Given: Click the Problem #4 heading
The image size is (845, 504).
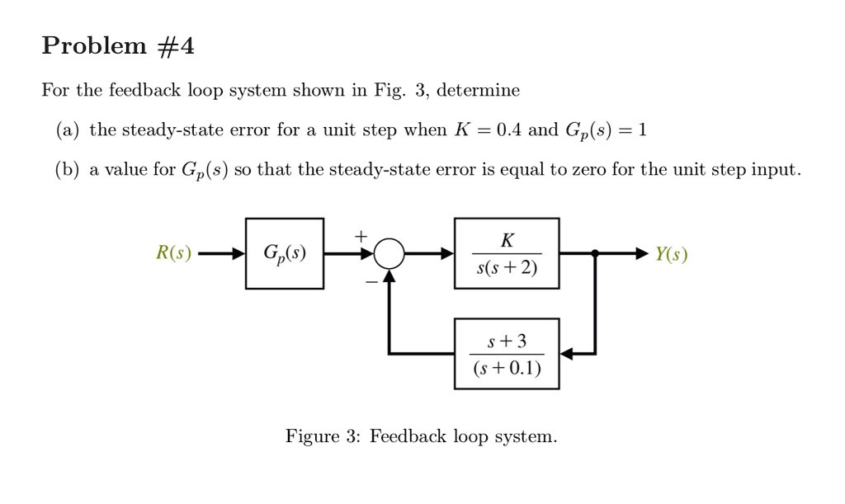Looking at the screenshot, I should (118, 46).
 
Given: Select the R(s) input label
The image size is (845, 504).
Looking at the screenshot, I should (173, 253).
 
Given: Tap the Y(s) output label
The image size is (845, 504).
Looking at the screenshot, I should (671, 254).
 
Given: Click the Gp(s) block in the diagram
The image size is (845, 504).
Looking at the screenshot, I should (284, 253).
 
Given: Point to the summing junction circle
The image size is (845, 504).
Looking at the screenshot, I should (389, 253).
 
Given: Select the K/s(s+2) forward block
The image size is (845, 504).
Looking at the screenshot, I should (507, 253).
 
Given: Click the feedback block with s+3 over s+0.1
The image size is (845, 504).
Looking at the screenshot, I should (507, 353).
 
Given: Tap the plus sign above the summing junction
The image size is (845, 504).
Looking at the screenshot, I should (360, 236).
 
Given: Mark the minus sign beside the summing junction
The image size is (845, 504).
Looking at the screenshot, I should (371, 281).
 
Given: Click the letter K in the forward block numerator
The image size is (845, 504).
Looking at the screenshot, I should (507, 240).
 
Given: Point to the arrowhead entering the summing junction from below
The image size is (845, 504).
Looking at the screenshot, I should (389, 276).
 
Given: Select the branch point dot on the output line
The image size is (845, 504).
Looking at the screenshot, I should (595, 253).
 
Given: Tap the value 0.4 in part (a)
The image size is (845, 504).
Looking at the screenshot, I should (505, 130).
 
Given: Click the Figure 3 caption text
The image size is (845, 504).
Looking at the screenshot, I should (421, 436).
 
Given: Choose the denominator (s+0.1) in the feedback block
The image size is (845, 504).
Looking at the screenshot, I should (507, 368).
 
